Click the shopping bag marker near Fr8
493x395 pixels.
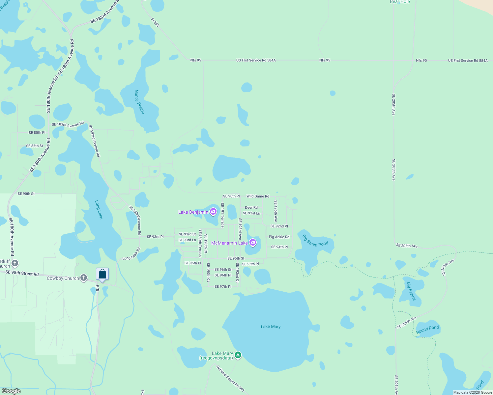[x=102, y=274]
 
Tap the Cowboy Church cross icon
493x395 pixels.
[x=84, y=278]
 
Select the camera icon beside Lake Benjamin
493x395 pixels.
[x=213, y=212]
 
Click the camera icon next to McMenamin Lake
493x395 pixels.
[x=253, y=243]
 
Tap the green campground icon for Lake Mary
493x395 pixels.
[x=238, y=355]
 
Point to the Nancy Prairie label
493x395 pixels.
[x=139, y=102]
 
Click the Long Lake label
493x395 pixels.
[x=99, y=210]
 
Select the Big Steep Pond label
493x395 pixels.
[x=315, y=241]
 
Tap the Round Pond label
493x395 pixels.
[x=427, y=329]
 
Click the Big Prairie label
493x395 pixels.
[x=411, y=291]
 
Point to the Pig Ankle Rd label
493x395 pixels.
[x=279, y=237]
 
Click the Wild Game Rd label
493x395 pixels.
[x=258, y=196]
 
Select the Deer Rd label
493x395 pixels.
[x=251, y=208]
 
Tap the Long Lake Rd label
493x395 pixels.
[x=131, y=254]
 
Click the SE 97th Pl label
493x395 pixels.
[x=223, y=287]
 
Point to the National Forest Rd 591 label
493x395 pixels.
[x=230, y=379]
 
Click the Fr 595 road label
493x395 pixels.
[x=155, y=22]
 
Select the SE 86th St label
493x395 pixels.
[x=35, y=146]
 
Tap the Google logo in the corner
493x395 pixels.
[x=11, y=391]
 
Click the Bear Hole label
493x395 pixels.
[x=400, y=2]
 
